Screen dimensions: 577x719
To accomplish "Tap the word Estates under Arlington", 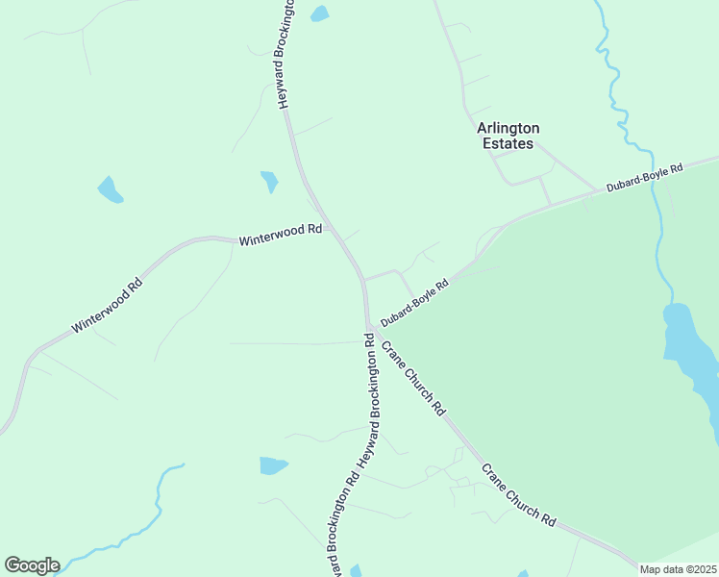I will point(507,143).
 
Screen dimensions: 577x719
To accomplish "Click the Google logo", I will point(32,565).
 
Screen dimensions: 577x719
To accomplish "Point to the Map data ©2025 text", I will point(678,569).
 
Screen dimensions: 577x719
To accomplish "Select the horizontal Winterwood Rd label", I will point(280,233).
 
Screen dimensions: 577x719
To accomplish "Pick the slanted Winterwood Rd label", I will point(107,307).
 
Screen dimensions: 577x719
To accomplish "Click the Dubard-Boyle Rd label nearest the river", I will point(644,178).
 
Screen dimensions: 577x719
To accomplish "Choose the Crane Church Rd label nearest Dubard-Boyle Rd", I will point(414,378).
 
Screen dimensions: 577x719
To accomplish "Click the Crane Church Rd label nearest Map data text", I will point(518,494).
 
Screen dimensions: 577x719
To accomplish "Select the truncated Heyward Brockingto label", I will point(286,58).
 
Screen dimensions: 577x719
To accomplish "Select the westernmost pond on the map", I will point(110,190).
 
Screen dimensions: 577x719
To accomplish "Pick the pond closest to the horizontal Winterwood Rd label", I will point(269,181).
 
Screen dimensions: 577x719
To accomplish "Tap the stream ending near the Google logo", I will point(144,519).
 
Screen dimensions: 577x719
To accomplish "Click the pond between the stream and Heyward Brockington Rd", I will point(273,465).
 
